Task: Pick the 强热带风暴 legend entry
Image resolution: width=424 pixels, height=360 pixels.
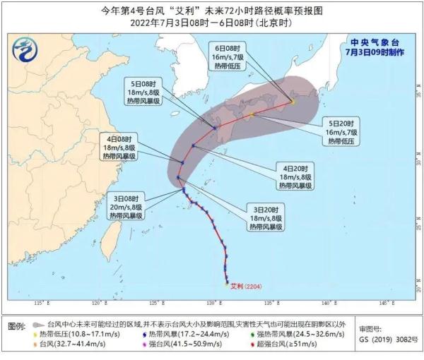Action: pos(293,333)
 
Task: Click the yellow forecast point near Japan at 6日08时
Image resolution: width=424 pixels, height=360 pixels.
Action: pos(293,102)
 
